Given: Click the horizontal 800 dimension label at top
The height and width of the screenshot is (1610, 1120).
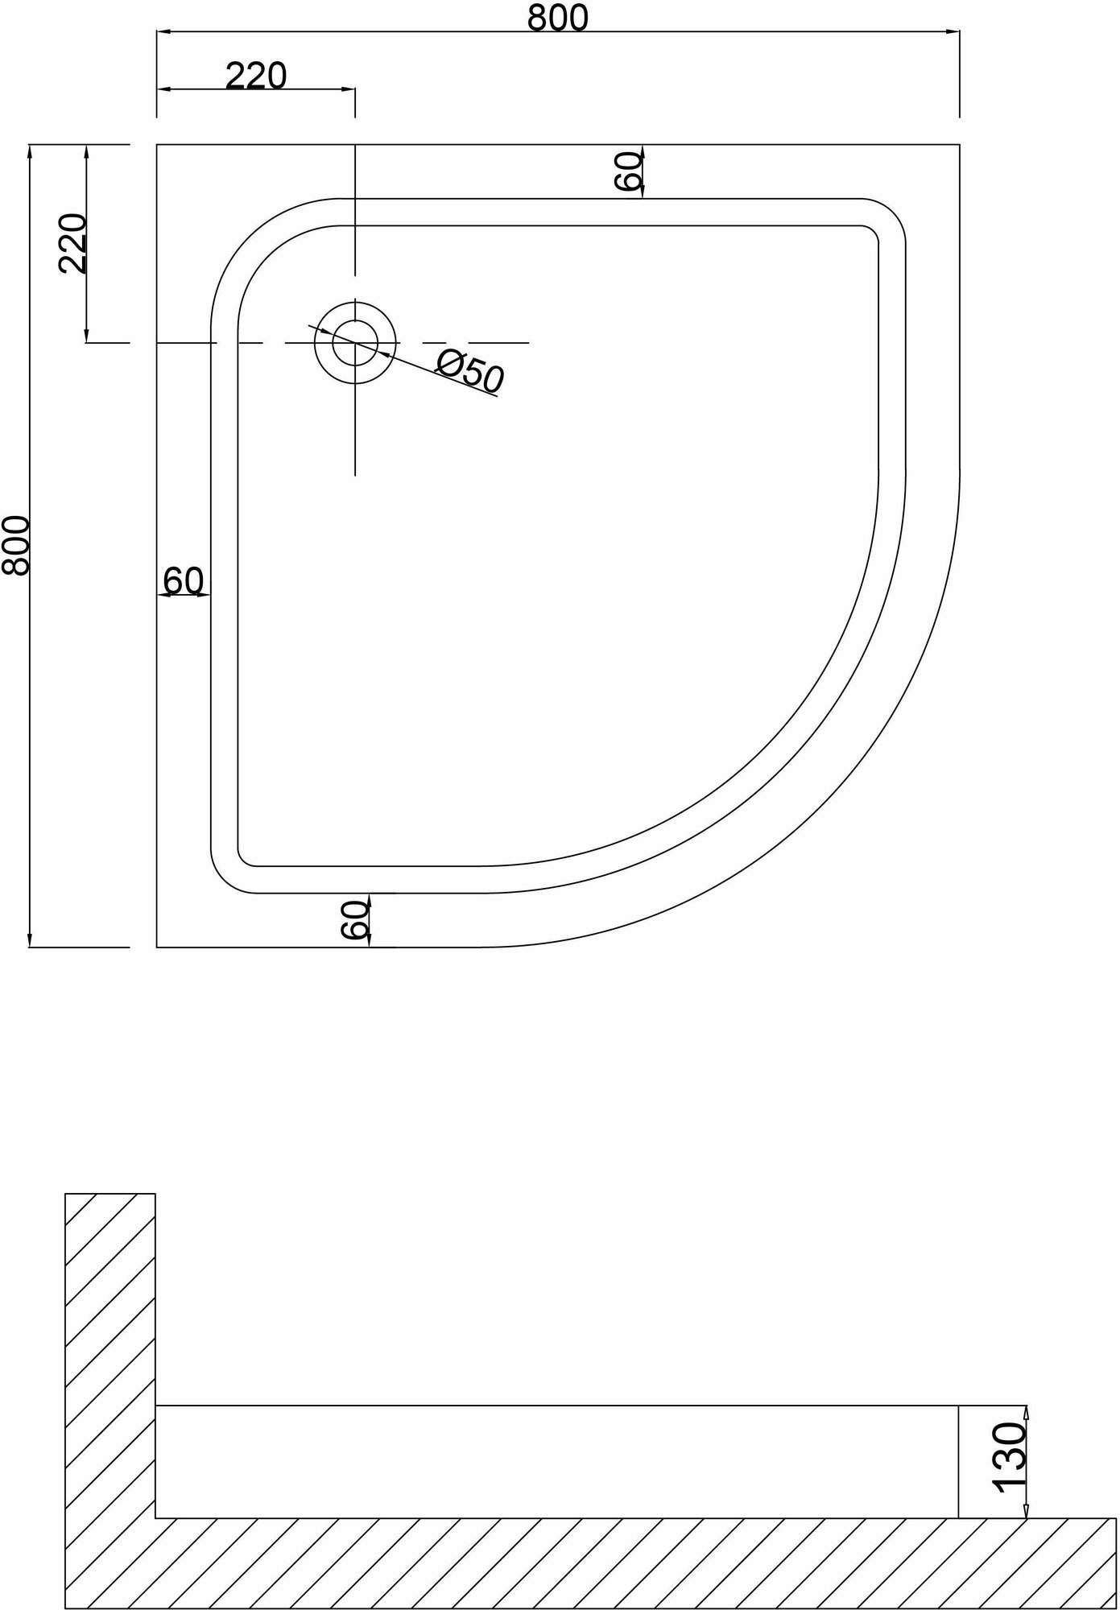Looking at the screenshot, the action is [x=558, y=18].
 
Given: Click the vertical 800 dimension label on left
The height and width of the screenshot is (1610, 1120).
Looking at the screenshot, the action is [x=16, y=545].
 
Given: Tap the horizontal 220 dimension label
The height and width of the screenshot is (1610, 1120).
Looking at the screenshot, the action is [x=255, y=76].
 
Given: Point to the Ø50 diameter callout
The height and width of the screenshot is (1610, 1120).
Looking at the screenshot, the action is [x=469, y=374].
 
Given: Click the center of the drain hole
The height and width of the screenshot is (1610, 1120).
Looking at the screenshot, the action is [x=355, y=343].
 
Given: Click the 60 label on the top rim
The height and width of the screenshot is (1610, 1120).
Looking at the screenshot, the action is [x=630, y=171].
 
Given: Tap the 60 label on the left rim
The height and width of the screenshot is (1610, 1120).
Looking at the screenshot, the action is [x=184, y=580].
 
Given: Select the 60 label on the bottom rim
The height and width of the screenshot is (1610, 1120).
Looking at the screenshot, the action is [x=355, y=919].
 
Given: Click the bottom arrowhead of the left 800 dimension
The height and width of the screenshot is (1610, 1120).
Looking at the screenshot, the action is [x=30, y=941].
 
